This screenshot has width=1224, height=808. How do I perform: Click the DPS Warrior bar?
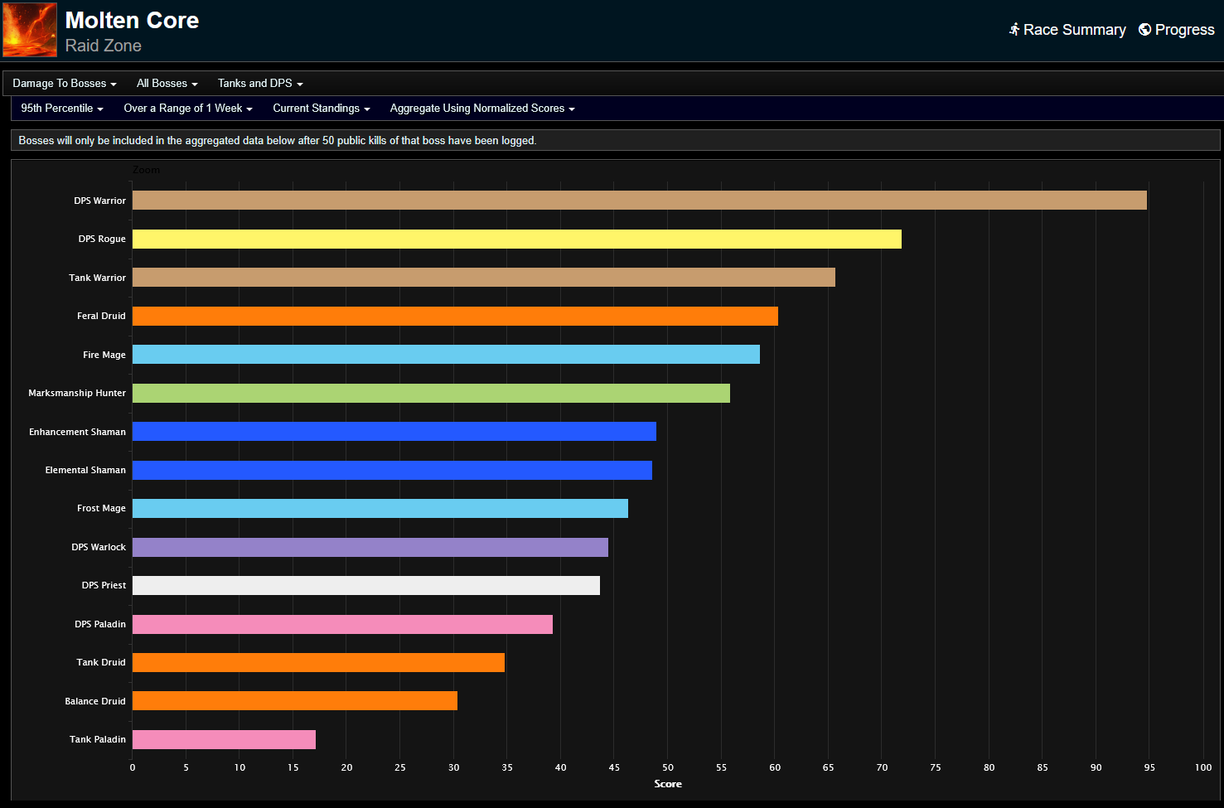[639, 201]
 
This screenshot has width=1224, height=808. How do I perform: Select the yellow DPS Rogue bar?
[516, 239]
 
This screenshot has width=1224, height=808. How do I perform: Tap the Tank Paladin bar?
[224, 739]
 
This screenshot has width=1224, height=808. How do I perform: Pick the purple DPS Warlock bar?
[370, 547]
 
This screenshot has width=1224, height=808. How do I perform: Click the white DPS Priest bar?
[365, 586]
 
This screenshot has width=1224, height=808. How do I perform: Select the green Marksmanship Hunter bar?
[431, 393]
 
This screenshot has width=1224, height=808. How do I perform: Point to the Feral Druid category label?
[101, 316]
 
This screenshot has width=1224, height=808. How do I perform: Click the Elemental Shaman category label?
[85, 470]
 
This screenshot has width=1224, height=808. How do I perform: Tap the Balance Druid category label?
[95, 701]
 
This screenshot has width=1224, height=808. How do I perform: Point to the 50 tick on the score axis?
[668, 767]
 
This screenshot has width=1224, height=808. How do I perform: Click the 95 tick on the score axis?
[1149, 767]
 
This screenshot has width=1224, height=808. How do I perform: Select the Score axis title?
[668, 784]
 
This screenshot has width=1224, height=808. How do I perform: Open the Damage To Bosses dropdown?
[65, 84]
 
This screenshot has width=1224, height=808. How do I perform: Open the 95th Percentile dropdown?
[62, 109]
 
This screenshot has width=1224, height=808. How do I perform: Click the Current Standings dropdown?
[322, 109]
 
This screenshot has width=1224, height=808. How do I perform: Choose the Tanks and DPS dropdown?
[260, 84]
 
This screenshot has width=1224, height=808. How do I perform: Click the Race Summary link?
[1067, 30]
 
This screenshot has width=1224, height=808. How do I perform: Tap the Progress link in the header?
[1177, 30]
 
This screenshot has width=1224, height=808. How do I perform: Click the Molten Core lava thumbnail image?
[30, 30]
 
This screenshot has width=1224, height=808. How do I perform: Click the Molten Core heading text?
[132, 20]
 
